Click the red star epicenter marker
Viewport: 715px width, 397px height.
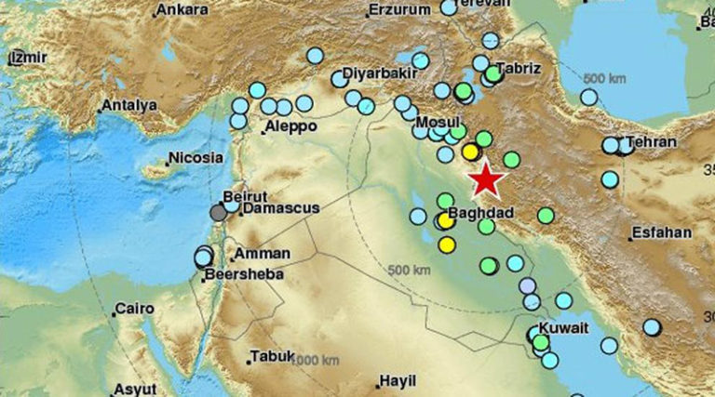(485, 180)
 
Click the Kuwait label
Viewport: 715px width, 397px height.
(564, 328)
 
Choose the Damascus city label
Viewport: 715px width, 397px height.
(278, 208)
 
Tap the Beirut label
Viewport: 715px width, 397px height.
(246, 196)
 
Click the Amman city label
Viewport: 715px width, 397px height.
(263, 253)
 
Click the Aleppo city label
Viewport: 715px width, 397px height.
(290, 126)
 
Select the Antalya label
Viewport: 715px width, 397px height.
(128, 105)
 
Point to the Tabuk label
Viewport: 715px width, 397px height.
(271, 355)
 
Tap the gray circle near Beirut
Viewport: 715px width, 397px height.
(218, 213)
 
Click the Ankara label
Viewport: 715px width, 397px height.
(182, 9)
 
